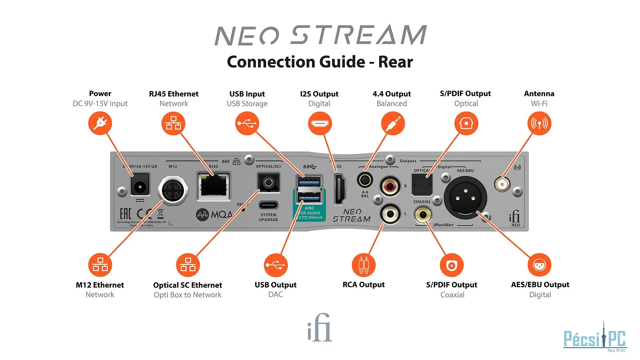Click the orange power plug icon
[100, 123]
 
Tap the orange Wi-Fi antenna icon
[539, 123]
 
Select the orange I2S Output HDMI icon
[320, 123]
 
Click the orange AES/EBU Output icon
[539, 265]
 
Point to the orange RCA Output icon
[363, 265]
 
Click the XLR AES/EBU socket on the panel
[465, 198]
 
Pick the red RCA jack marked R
[390, 186]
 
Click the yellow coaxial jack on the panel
[423, 214]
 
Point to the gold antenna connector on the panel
[502, 184]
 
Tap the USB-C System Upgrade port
[268, 205]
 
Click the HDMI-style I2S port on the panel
[340, 189]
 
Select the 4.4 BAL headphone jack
[365, 180]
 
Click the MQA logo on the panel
[214, 214]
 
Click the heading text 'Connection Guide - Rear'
[320, 62]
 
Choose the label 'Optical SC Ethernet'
[187, 285]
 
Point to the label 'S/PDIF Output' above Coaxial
[452, 285]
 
